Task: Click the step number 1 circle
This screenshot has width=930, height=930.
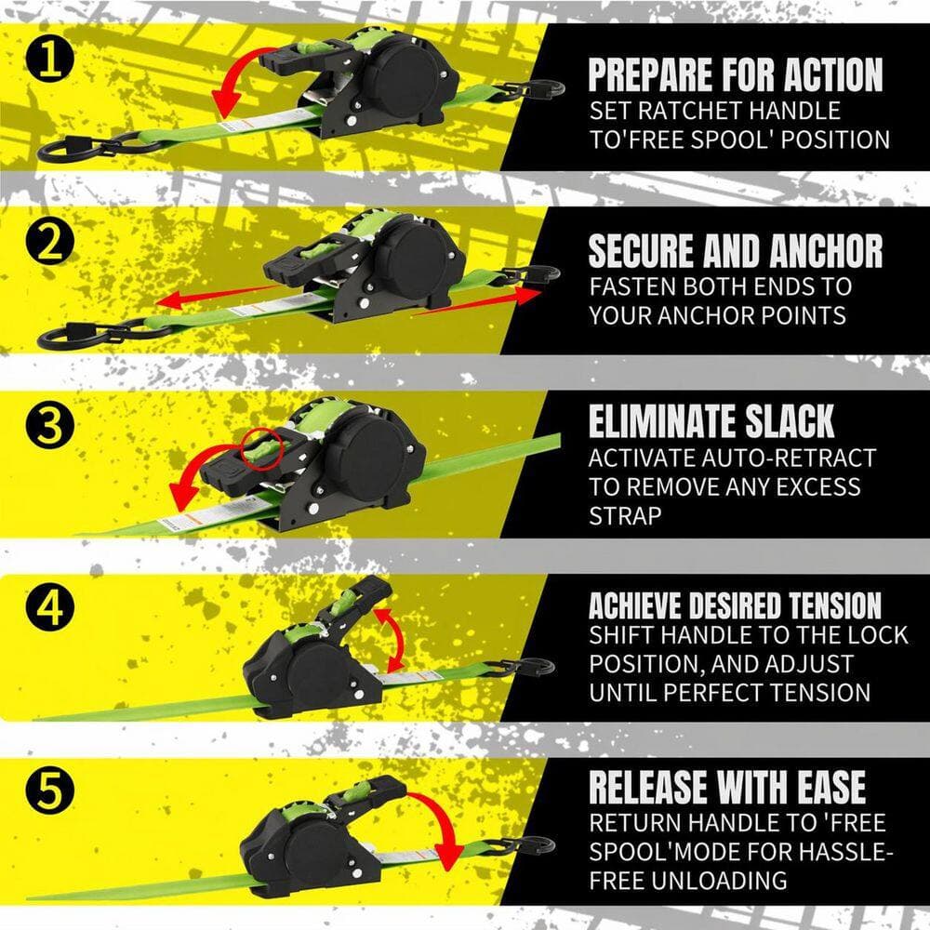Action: point(50,60)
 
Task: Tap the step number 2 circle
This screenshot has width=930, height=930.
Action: point(50,243)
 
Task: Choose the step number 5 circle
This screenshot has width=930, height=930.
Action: point(50,790)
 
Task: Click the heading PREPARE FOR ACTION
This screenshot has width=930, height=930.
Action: point(736,74)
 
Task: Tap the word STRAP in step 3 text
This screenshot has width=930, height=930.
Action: point(625,516)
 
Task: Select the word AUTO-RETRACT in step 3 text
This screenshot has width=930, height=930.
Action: point(789,458)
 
